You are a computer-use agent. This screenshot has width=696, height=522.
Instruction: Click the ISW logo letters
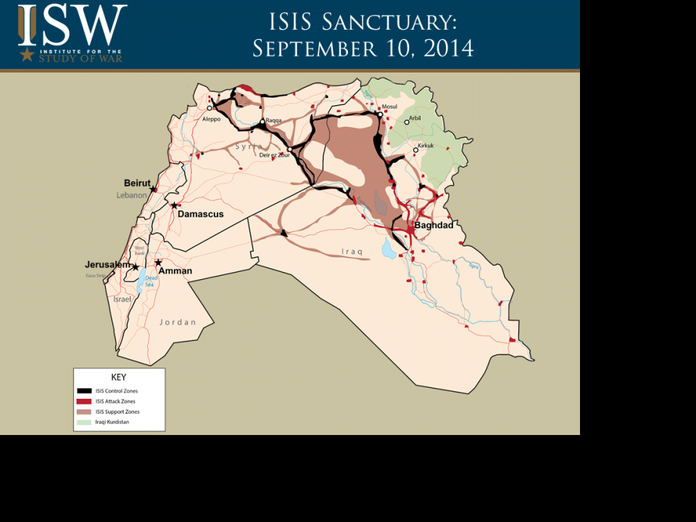tap(72, 25)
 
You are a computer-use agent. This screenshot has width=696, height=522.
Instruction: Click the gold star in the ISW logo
tap(28, 54)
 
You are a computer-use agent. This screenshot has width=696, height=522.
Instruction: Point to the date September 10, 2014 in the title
tap(362, 49)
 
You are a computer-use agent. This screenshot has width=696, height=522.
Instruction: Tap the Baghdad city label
tap(434, 225)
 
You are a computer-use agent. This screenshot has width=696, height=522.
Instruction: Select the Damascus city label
tap(201, 215)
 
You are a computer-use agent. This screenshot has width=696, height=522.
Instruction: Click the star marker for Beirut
tap(152, 190)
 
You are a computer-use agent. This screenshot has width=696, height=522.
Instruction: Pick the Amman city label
tap(175, 271)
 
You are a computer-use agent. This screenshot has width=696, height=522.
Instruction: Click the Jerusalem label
tap(107, 265)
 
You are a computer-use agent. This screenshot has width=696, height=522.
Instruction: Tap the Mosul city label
tap(389, 107)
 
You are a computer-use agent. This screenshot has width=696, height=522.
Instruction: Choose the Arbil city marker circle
tap(407, 122)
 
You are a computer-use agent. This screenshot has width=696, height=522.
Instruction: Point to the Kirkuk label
tap(426, 146)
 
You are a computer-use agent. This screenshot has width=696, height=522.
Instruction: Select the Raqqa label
tap(273, 120)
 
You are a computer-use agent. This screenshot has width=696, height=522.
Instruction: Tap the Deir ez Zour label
tap(275, 155)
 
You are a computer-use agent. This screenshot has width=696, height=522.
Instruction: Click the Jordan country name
tap(178, 322)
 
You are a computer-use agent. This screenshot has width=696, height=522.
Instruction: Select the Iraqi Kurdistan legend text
tap(112, 422)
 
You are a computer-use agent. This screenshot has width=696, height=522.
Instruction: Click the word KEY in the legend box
tap(118, 377)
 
